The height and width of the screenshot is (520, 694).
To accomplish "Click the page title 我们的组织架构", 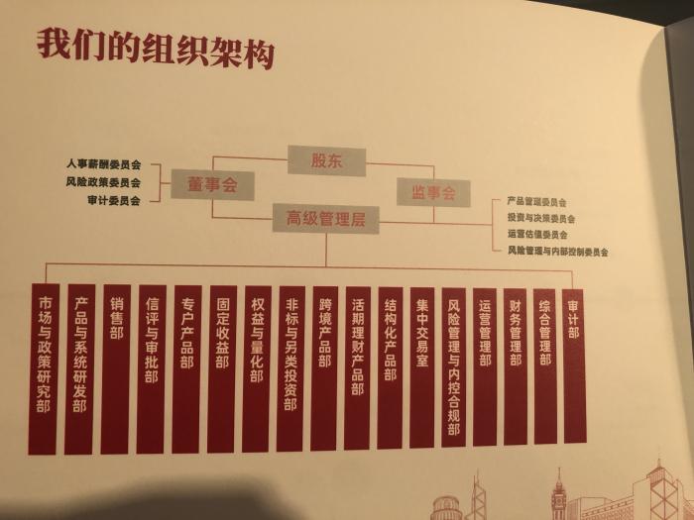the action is click(156, 50).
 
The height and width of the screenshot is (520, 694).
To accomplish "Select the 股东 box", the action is click(326, 160).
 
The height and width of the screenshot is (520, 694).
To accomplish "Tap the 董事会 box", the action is click(212, 184).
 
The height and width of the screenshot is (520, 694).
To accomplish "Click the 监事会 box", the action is click(433, 192).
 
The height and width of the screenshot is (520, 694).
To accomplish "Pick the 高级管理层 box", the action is click(326, 219).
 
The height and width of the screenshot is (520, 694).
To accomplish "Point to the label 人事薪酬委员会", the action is click(103, 164).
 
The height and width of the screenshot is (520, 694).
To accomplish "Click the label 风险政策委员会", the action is click(103, 181).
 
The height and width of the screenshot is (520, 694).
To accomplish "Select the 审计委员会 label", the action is click(114, 200).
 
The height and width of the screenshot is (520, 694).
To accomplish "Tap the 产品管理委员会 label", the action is click(537, 202).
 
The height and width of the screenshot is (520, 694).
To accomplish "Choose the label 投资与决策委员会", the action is click(541, 218).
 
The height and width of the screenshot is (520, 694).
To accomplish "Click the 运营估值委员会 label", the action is click(537, 234).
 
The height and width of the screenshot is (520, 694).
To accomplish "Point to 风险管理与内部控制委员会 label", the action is click(557, 252).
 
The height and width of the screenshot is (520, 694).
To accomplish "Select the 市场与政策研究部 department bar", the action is click(44, 369).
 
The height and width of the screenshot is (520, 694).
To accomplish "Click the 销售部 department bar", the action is click(116, 369).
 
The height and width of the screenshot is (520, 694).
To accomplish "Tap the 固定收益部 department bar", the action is click(222, 368).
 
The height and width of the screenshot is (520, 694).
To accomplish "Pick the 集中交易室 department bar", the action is click(421, 367).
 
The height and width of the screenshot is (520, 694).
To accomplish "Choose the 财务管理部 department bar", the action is click(516, 366).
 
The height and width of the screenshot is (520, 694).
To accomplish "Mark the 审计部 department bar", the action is click(574, 366).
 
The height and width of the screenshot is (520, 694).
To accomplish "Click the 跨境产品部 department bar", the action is click(324, 367).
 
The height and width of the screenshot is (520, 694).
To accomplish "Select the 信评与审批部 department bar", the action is click(152, 369).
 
